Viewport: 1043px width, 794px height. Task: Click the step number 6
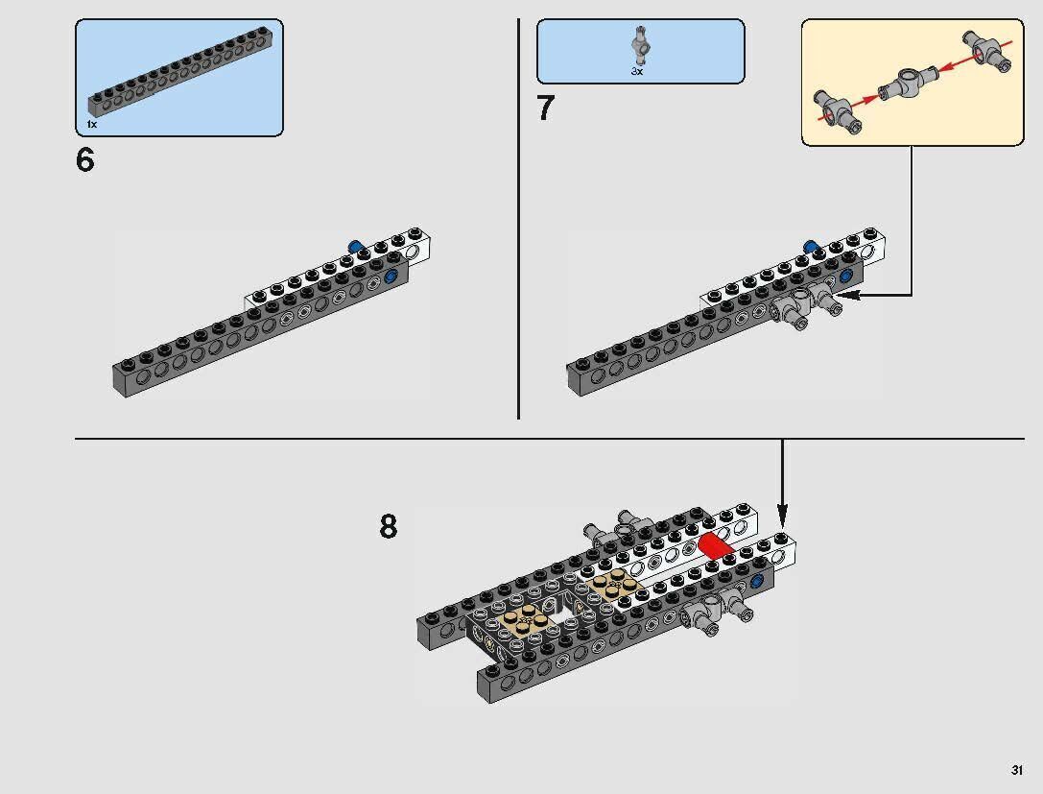(85, 160)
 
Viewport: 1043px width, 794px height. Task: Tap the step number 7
(545, 108)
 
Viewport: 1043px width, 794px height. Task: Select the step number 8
(389, 526)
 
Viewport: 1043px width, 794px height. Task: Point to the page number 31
(1016, 770)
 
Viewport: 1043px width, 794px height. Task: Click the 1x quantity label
(92, 125)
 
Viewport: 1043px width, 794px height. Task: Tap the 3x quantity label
(637, 71)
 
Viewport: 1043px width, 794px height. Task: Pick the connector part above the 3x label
(639, 46)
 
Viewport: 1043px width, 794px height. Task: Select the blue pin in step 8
(756, 582)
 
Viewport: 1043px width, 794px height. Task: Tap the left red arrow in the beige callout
(865, 100)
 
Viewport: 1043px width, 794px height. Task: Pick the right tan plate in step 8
(615, 583)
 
